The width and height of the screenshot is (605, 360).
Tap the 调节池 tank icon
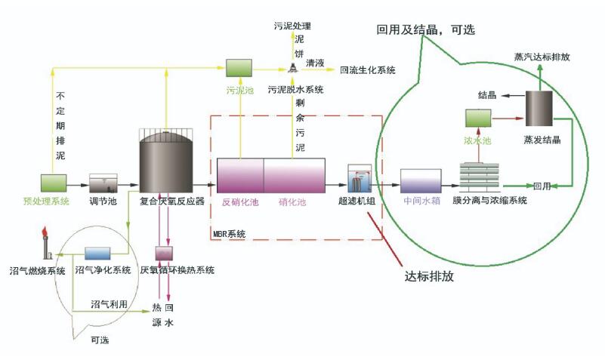click(x=103, y=182)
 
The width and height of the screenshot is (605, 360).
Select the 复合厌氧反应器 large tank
click(x=167, y=161)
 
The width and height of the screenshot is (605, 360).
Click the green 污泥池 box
click(x=239, y=69)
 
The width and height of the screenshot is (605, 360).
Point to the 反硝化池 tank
click(x=239, y=176)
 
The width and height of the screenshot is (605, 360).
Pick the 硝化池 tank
click(x=294, y=176)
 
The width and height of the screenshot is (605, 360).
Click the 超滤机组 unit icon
click(x=357, y=180)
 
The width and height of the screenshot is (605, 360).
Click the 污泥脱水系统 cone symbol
click(x=292, y=69)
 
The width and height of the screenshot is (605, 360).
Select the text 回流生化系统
click(x=368, y=70)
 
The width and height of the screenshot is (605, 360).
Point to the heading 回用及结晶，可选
click(x=437, y=29)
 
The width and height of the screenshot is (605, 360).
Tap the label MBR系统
click(x=230, y=235)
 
